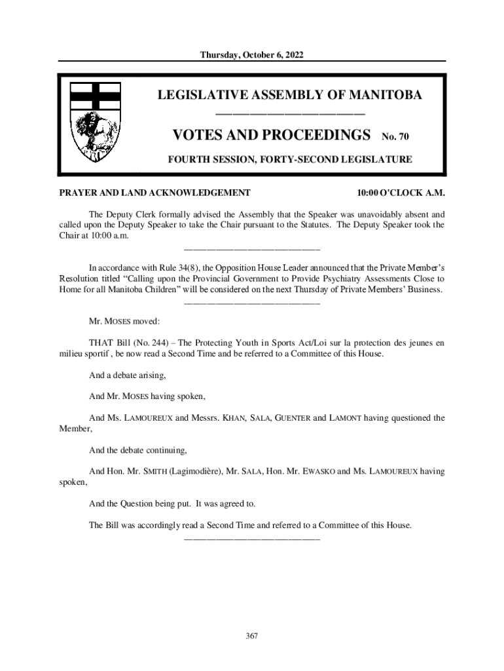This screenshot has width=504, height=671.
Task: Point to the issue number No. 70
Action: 395,138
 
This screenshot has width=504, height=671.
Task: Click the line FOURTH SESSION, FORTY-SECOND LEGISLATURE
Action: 289,159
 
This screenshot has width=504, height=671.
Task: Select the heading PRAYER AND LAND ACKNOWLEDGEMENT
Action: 154,193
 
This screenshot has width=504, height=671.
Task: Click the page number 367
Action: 252,636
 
